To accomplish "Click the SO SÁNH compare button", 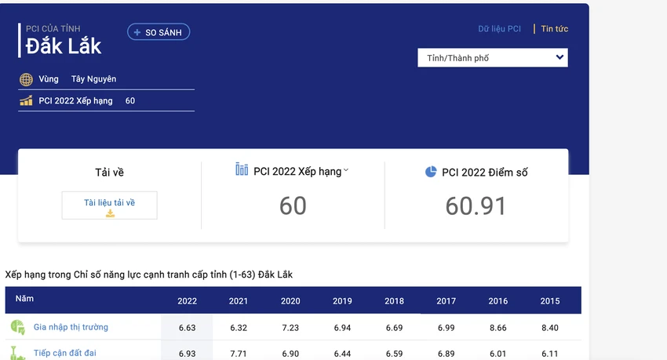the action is tap(159, 32).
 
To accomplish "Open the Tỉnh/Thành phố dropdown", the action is tap(493, 58).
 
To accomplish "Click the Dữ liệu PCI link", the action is tap(499, 29).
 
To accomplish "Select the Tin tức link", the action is tap(554, 29).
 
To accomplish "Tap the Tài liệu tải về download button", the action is tap(109, 205).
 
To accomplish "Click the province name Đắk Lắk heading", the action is tap(64, 46).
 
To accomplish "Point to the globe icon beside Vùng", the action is tap(26, 79).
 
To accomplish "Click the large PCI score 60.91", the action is tap(476, 206).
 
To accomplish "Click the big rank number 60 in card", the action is tap(293, 206).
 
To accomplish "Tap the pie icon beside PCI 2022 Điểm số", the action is tap(431, 172).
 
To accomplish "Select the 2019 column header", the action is tap(342, 301).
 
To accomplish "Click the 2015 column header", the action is tap(550, 301).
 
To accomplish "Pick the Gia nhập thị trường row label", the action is tap(71, 327).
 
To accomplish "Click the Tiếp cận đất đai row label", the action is tap(65, 353).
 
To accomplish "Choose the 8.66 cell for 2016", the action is tap(498, 328).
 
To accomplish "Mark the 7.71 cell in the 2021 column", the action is tap(239, 354).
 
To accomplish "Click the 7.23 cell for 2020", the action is tap(290, 328).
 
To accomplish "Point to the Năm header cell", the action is tap(24, 298).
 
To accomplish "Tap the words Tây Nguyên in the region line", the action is tap(93, 79).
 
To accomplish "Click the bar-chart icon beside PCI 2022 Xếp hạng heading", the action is tap(242, 169).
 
